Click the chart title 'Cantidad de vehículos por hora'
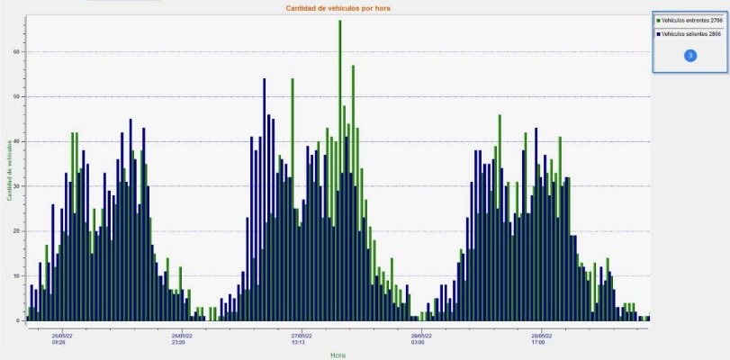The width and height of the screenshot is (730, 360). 338,8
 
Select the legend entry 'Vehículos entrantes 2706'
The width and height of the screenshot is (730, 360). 691,20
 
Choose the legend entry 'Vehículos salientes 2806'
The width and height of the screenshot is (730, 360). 691,33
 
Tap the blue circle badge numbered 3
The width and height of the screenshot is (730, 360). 690,56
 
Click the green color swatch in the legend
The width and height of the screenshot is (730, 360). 659,20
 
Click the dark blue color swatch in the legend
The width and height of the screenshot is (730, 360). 659,33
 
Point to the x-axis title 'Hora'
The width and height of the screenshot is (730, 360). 338,355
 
